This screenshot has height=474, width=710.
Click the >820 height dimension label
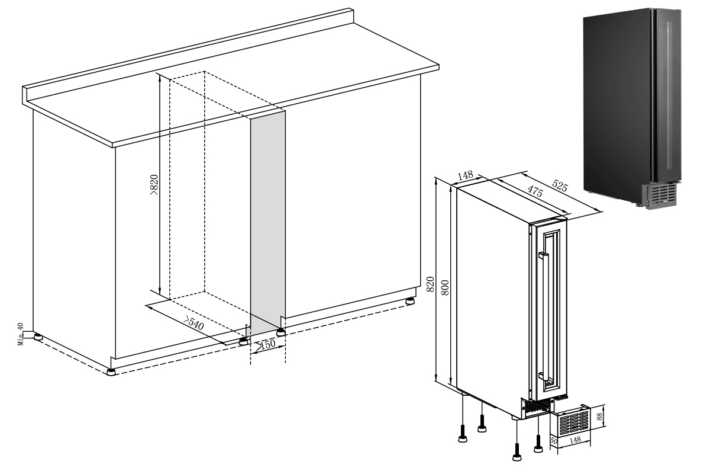pos(154,184)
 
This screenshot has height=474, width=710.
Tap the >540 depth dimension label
pos(193,323)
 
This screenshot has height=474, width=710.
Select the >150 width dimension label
pos(266,344)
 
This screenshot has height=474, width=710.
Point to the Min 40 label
pos(21,334)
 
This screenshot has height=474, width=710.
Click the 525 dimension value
pos(560,185)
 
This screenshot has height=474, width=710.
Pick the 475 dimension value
pos(535,191)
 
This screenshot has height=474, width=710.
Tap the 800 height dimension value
pos(446,287)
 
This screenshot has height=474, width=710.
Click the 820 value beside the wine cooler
pos(430,284)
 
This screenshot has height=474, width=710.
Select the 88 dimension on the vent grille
pos(599,417)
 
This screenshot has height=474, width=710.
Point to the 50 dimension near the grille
pos(554,441)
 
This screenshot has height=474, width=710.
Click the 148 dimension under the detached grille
pos(575,440)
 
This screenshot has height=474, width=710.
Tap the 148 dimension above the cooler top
pos(466,175)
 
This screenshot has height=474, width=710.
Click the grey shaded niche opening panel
pos(268,222)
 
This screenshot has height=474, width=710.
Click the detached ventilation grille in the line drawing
pos(571,422)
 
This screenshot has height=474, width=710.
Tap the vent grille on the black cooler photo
pos(659,197)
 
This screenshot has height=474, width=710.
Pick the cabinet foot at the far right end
pos(410,300)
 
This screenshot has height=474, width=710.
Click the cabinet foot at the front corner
pos(111,371)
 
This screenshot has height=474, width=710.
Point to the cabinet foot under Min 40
pos(38,337)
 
